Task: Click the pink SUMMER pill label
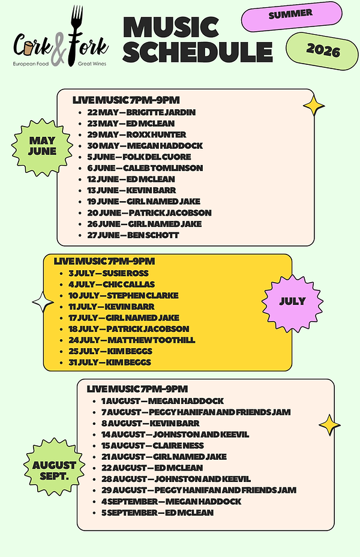click(x=292, y=16)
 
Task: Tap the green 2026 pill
click(x=322, y=51)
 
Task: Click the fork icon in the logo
click(x=76, y=35)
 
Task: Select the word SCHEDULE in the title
click(x=197, y=52)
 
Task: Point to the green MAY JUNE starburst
click(x=42, y=146)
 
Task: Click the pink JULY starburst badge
click(x=293, y=302)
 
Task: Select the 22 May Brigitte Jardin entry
click(x=142, y=112)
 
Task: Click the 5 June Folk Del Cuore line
click(x=139, y=157)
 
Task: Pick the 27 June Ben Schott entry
click(x=133, y=235)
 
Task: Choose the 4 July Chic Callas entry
click(x=112, y=285)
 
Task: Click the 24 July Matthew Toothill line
click(x=132, y=340)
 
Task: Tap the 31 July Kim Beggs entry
click(x=110, y=363)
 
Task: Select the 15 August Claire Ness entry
click(x=152, y=445)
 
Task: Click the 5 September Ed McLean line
click(x=158, y=513)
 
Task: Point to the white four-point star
click(x=43, y=303)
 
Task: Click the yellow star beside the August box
click(x=329, y=425)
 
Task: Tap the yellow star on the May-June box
click(x=314, y=106)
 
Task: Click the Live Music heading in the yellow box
click(x=104, y=262)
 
